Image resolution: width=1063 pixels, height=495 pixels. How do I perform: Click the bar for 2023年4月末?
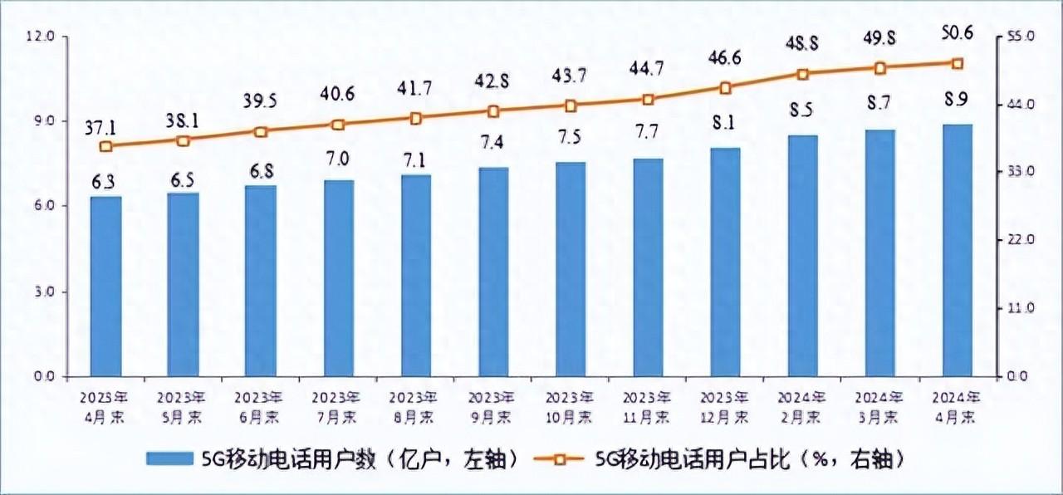coord(106,287)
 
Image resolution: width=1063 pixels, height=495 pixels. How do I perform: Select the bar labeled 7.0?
coord(338,278)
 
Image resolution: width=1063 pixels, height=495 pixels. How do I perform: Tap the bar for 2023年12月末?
coord(725,262)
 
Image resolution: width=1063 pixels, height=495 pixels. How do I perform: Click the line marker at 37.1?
coord(105,146)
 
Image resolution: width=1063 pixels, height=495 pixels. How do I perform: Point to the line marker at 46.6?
coord(725,87)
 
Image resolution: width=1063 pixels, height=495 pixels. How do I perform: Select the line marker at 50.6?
coord(957,63)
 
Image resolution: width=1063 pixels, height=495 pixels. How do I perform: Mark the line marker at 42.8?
coord(493,110)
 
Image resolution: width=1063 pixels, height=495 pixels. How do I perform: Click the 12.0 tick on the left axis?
coord(41,37)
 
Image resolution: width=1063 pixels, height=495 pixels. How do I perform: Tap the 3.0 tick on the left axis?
coord(41,292)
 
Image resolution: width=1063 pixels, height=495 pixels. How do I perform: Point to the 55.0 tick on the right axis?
coord(1020,37)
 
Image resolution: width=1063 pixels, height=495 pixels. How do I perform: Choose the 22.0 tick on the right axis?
coord(1020,240)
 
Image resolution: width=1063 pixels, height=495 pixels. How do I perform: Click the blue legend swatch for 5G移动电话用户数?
coord(169,458)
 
